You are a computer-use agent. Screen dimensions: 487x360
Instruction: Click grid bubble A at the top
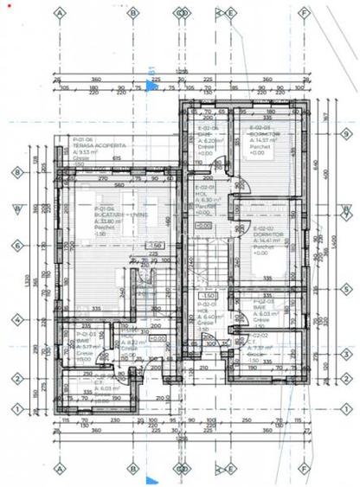point(60,14)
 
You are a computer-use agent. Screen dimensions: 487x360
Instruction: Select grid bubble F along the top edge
point(305,14)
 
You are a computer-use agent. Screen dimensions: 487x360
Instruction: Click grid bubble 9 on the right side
point(345,135)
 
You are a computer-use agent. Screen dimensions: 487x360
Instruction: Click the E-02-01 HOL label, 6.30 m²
point(205,198)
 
